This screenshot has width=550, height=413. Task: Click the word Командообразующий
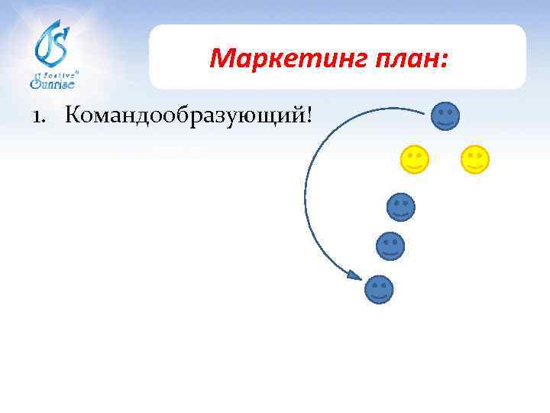tap(186, 116)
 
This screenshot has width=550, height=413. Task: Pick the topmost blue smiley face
tap(445, 115)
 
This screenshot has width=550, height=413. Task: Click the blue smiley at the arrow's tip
tap(380, 288)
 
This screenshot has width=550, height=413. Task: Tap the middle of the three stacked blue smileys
tap(390, 246)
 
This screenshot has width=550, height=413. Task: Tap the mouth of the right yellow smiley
tap(475, 164)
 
